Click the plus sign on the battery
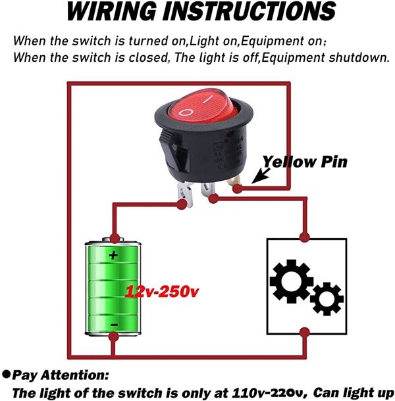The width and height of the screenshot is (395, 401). pos(113,256)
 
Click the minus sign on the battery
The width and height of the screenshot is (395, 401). pos(113,324)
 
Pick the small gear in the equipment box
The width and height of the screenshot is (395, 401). pos(327,299)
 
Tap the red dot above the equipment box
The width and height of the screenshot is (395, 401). pos(304,237)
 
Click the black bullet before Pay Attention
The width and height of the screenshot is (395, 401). pos(7,375)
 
